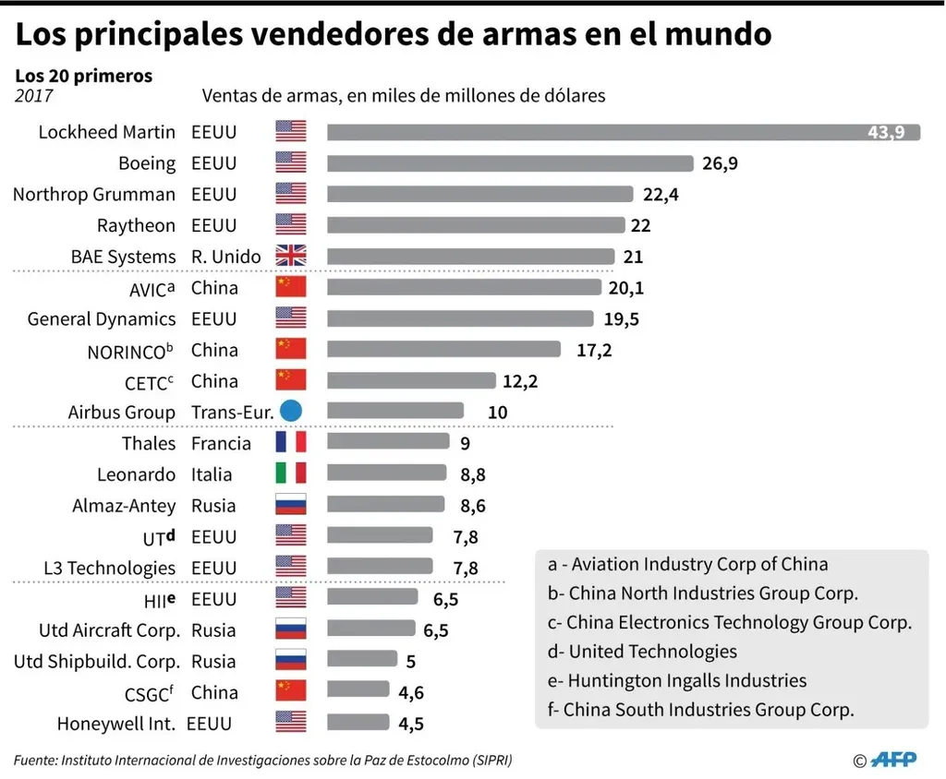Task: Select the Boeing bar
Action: pos(510,163)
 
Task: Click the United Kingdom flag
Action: pos(290,257)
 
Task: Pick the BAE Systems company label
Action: pos(123,257)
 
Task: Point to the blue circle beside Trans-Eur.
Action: pos(291,412)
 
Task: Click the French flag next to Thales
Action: pos(290,443)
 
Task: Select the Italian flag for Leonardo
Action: pos(290,474)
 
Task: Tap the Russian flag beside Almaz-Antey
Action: pos(290,506)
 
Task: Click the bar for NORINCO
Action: pos(443,350)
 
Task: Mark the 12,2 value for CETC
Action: pos(520,381)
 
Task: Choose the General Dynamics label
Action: pos(101,318)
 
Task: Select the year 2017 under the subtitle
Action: pos(33,95)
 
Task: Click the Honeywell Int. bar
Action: pos(358,724)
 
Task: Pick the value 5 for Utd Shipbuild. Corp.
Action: pos(410,662)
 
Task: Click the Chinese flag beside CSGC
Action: pos(290,692)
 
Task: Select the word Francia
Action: pos(221,443)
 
